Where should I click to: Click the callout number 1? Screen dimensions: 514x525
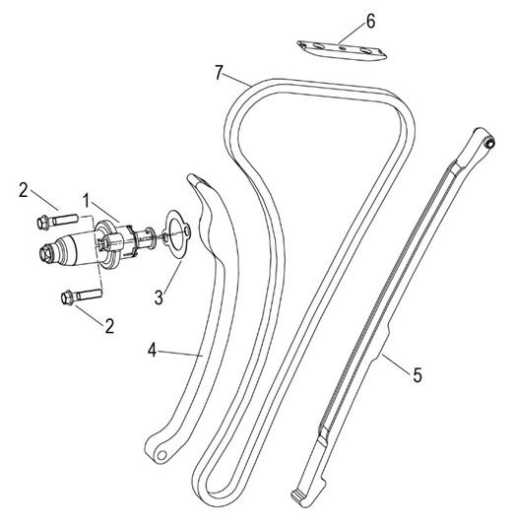pyautogui.click(x=87, y=201)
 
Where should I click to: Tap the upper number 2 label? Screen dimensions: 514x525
pyautogui.click(x=23, y=190)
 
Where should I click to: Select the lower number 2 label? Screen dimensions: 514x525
pyautogui.click(x=109, y=326)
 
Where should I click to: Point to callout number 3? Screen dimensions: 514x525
pyautogui.click(x=159, y=296)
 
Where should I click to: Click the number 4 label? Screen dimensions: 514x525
pyautogui.click(x=153, y=351)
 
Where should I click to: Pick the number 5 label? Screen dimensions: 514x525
pyautogui.click(x=418, y=374)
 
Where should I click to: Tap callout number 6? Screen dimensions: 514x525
pyautogui.click(x=371, y=22)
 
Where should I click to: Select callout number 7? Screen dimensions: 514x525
pyautogui.click(x=219, y=72)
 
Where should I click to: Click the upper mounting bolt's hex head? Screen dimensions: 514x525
pyautogui.click(x=43, y=223)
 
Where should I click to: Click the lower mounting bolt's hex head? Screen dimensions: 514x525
pyautogui.click(x=68, y=297)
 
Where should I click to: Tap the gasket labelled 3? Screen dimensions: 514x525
pyautogui.click(x=176, y=234)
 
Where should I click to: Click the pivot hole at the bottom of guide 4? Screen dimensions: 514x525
pyautogui.click(x=161, y=455)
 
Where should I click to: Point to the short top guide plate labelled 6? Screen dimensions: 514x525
pyautogui.click(x=342, y=50)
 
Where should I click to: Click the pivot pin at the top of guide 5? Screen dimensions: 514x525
pyautogui.click(x=489, y=143)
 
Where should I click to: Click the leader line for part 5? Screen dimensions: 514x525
pyautogui.click(x=396, y=362)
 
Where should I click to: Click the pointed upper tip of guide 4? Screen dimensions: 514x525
pyautogui.click(x=191, y=176)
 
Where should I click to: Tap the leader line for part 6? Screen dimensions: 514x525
pyautogui.click(x=353, y=33)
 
